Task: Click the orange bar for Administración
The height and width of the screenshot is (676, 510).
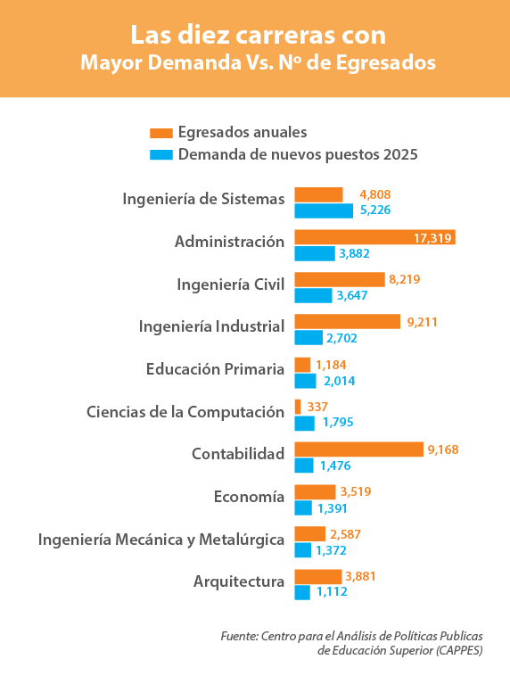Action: pyautogui.click(x=375, y=237)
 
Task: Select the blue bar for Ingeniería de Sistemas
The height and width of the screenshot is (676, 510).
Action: pyautogui.click(x=324, y=210)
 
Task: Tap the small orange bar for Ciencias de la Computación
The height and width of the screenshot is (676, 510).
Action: pyautogui.click(x=298, y=407)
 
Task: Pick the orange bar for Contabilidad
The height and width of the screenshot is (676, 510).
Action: pyautogui.click(x=359, y=449)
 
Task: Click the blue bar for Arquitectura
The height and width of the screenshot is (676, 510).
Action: pyautogui.click(x=302, y=592)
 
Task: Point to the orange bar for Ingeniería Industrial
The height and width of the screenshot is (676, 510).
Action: pyautogui.click(x=348, y=322)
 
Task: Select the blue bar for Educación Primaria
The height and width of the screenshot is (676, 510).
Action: pyautogui.click(x=305, y=381)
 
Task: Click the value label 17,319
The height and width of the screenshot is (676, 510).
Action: pyautogui.click(x=432, y=237)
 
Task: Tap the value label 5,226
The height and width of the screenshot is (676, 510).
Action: pyautogui.click(x=375, y=210)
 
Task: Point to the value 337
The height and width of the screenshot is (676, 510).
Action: pyautogui.click(x=317, y=407)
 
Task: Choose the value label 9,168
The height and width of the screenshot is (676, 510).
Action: pyautogui.click(x=443, y=449)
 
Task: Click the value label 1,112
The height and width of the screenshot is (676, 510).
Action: pyautogui.click(x=332, y=591)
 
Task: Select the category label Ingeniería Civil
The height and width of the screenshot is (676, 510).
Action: pyautogui.click(x=231, y=284)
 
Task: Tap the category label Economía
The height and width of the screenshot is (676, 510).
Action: pyautogui.click(x=249, y=497)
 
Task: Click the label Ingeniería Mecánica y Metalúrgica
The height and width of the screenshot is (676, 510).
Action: pyautogui.click(x=161, y=540)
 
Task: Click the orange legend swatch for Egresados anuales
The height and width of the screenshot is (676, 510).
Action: pyautogui.click(x=161, y=133)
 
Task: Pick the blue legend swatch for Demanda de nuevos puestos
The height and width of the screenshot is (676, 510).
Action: pyautogui.click(x=161, y=155)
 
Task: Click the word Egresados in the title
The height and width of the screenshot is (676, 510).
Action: pyautogui.click(x=386, y=63)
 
